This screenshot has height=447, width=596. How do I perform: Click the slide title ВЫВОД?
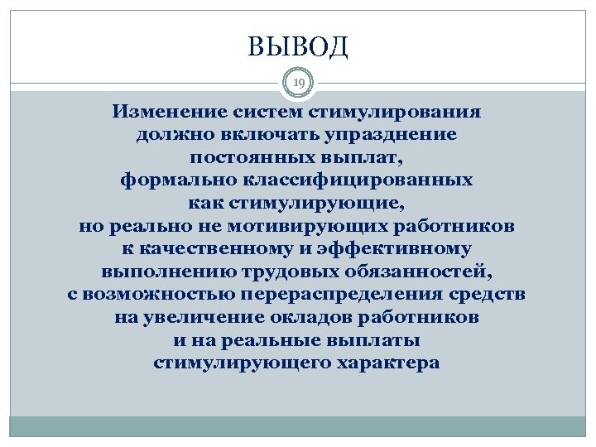pos(298,47)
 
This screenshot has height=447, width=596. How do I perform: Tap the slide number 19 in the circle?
pos(298,82)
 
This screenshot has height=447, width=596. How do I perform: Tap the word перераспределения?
pos(343,295)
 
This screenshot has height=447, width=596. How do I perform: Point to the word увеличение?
pos(206,318)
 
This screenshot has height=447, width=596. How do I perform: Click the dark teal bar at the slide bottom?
pos(298,426)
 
